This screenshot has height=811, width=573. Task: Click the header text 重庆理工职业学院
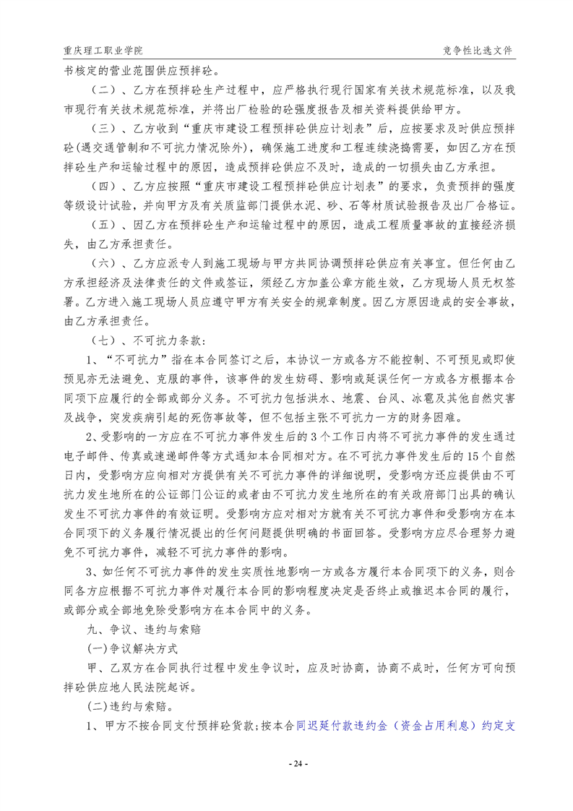(103, 51)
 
